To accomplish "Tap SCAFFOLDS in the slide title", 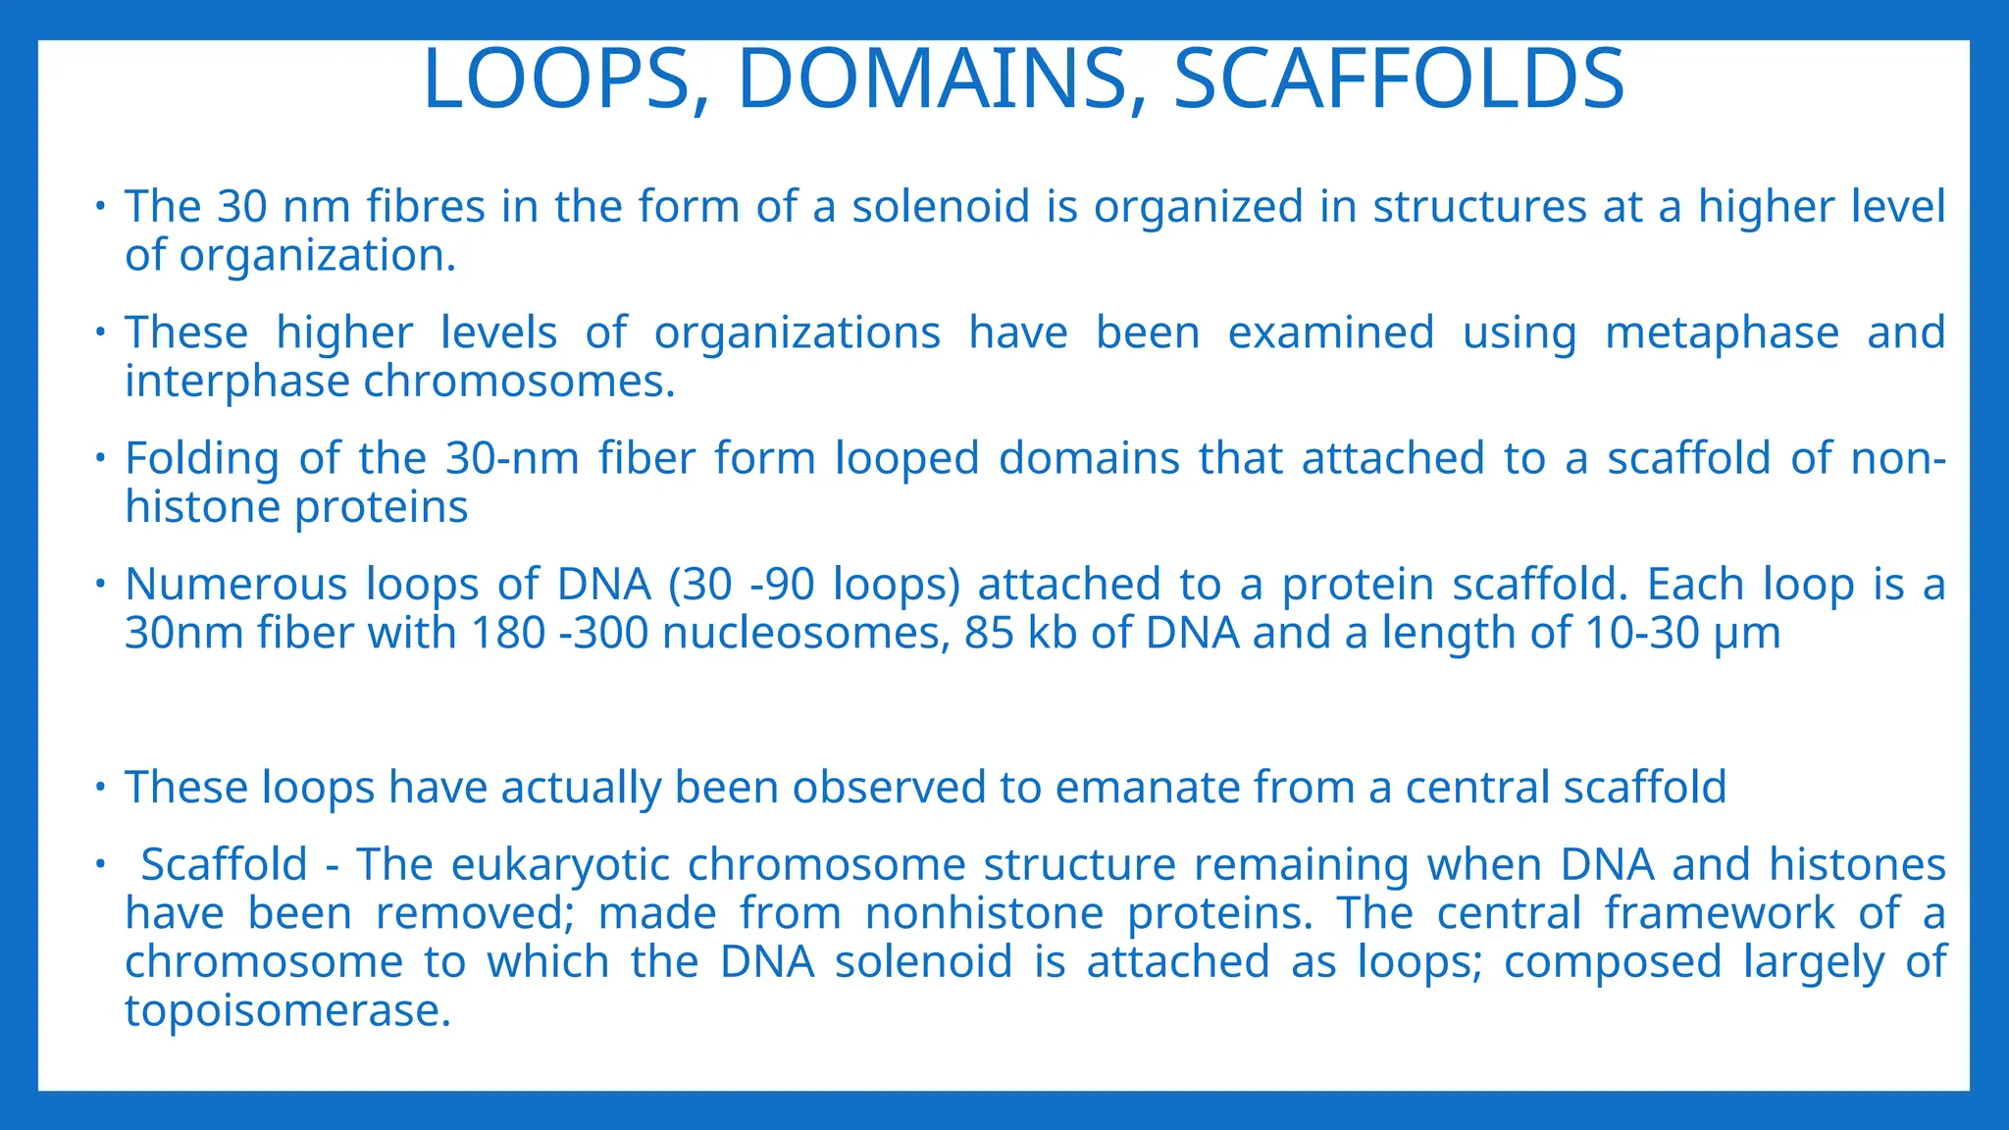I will coord(1399,79).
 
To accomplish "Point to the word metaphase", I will coord(1722,333).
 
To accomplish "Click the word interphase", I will coord(236,382).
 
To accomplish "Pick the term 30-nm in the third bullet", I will coord(512,459).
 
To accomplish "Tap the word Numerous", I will coord(235,585).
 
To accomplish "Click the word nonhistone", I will coord(984,914).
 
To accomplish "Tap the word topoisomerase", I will coord(286,1011).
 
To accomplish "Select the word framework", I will coord(1719,914).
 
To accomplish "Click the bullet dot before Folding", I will coord(99,458).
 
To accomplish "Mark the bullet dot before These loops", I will coord(99,787).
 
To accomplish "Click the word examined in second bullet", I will coord(1331,333).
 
